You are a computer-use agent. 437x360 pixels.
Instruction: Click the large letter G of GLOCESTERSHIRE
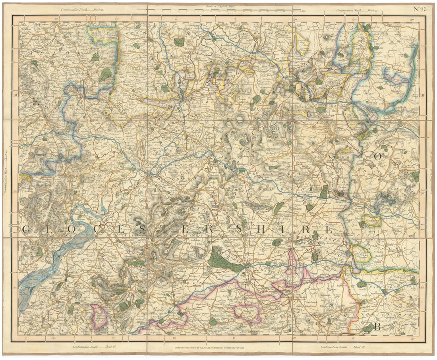tap(25, 229)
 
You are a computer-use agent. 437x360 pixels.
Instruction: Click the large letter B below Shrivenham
tap(378, 327)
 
